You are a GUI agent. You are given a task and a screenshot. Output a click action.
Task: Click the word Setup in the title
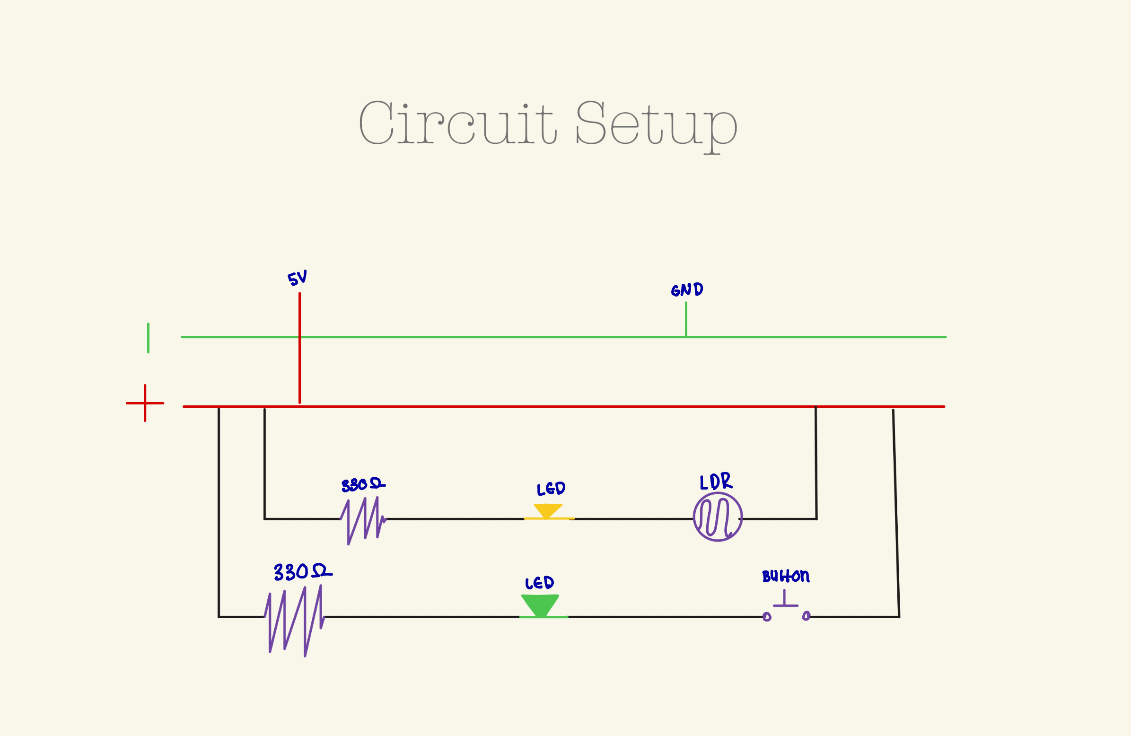click(x=656, y=124)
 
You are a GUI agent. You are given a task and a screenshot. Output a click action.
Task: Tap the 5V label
click(x=297, y=278)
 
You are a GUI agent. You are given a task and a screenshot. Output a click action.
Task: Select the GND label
click(x=687, y=290)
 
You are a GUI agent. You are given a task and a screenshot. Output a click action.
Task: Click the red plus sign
click(x=145, y=403)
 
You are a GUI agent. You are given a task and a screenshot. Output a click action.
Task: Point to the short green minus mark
click(x=148, y=338)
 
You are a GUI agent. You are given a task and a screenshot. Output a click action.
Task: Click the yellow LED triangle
click(x=548, y=511)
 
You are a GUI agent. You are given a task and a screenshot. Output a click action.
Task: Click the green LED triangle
click(x=540, y=605)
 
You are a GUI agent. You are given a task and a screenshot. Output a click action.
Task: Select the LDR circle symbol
click(x=718, y=517)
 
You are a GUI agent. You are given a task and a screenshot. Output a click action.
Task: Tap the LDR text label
click(x=716, y=482)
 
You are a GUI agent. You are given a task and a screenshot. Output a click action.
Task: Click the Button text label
click(x=786, y=576)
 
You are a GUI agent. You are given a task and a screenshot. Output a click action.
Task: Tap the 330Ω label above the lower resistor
click(x=302, y=572)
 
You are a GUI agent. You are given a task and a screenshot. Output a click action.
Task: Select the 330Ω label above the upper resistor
click(x=363, y=485)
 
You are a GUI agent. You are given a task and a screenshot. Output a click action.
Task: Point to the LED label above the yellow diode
click(x=551, y=490)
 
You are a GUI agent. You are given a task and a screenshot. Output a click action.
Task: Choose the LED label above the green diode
click(x=539, y=583)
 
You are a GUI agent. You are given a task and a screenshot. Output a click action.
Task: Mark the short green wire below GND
click(x=686, y=319)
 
